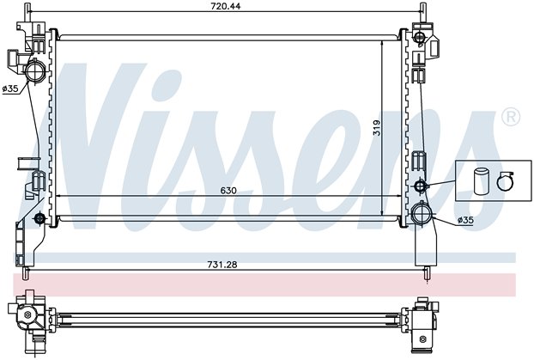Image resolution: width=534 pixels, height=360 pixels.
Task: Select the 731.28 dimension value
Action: [x=222, y=265]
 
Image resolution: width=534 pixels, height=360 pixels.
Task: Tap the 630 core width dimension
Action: [x=228, y=190]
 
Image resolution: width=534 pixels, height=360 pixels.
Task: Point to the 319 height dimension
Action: [x=377, y=127]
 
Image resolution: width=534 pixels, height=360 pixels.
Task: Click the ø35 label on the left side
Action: [x=10, y=88]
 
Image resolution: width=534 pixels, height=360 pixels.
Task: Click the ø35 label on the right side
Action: [x=465, y=220]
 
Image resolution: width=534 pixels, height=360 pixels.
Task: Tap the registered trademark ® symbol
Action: [x=511, y=117]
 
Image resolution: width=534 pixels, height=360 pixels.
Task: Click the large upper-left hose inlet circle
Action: [x=34, y=70]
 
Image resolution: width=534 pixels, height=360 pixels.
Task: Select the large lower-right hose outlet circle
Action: [x=422, y=213]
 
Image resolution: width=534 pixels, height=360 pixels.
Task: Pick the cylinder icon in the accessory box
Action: [x=480, y=180]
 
